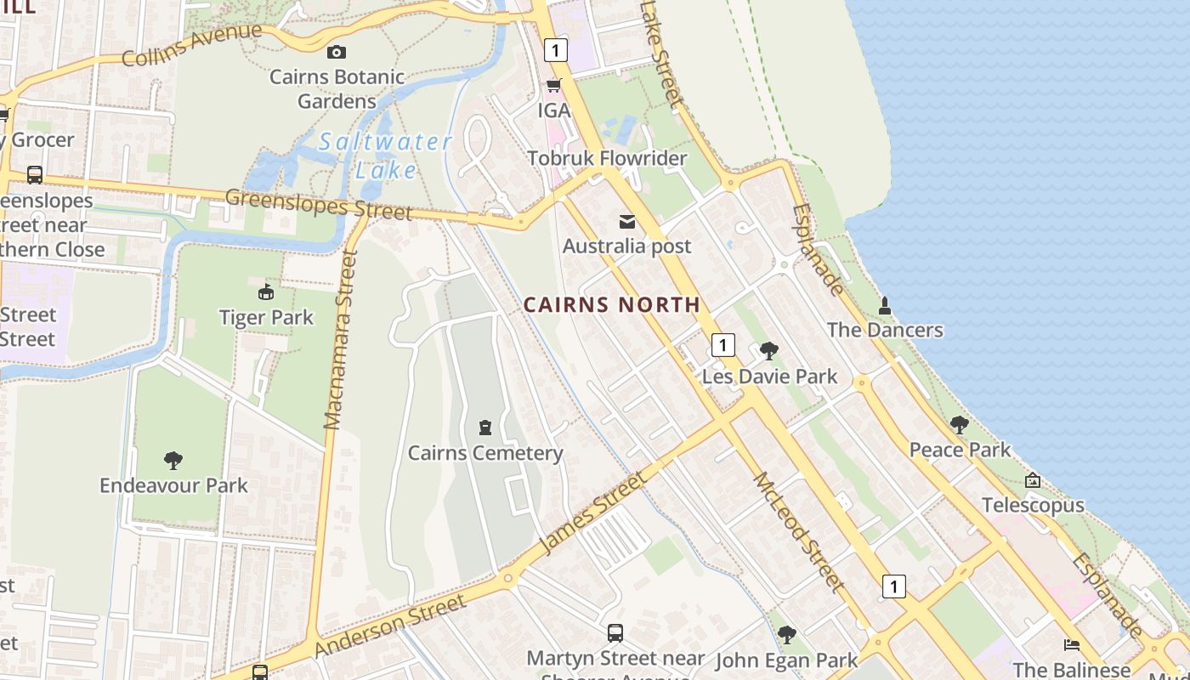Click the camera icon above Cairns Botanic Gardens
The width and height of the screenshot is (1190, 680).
pos(337,53)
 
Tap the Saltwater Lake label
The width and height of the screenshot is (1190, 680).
pos(385,156)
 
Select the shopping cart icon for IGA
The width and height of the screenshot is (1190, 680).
pos(554,85)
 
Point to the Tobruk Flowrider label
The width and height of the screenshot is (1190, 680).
pos(606,158)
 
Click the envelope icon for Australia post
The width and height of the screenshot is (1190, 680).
pos(627,222)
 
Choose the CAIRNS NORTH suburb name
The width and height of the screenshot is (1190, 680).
pos(611,304)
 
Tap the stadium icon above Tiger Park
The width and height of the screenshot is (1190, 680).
pos(266,292)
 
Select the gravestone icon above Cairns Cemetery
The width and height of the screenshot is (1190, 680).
pos(485,427)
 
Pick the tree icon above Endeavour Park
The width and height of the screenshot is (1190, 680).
pos(173,461)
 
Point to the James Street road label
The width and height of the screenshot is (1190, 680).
pos(593,512)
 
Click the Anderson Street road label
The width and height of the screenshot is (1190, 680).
pos(390,625)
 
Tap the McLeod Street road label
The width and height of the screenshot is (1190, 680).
pos(799,531)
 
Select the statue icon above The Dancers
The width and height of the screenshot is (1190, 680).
pos(885,305)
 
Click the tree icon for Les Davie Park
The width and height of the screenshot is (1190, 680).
pos(769,351)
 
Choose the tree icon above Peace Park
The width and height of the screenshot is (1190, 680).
pos(960,424)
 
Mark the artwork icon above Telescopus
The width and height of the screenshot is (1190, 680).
pos(1033,480)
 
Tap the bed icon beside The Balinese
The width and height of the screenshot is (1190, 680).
pos(1072,645)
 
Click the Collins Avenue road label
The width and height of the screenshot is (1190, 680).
pos(192,45)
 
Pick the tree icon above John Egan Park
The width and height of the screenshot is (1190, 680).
pos(787,634)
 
